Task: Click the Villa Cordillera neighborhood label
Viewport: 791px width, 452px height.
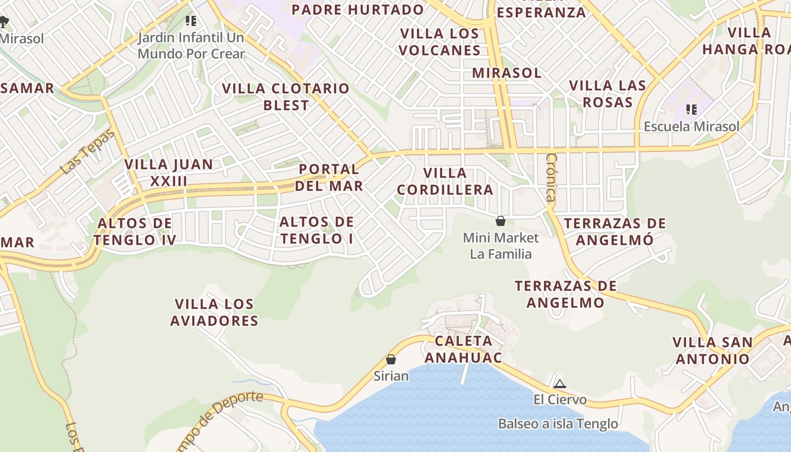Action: [445, 181]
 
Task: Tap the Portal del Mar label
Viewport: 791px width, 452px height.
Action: [329, 177]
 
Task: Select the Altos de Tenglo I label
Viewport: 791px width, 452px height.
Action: [316, 230]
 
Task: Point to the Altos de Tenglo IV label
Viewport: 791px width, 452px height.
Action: [134, 232]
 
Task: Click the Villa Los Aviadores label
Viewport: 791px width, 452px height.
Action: [214, 312]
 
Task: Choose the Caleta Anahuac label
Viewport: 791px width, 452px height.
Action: [463, 349]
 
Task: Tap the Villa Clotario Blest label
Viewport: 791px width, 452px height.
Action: [286, 97]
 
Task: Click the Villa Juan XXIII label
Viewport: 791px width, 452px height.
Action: [168, 173]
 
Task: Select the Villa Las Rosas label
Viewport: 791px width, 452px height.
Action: [607, 94]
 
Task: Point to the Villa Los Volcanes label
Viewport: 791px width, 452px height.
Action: [439, 42]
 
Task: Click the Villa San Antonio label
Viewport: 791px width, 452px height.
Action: [712, 350]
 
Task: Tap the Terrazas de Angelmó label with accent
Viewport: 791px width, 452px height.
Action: [615, 231]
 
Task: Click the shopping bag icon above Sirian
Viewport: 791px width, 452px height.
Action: [390, 359]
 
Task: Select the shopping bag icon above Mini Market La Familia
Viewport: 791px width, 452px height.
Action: [500, 220]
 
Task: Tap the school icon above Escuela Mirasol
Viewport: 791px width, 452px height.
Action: [691, 109]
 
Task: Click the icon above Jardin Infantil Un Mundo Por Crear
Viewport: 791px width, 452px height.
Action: [191, 21]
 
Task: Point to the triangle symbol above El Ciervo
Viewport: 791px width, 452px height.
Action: [559, 384]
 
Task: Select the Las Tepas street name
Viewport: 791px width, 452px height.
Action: [88, 151]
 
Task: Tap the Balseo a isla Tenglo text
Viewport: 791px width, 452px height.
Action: [558, 423]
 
